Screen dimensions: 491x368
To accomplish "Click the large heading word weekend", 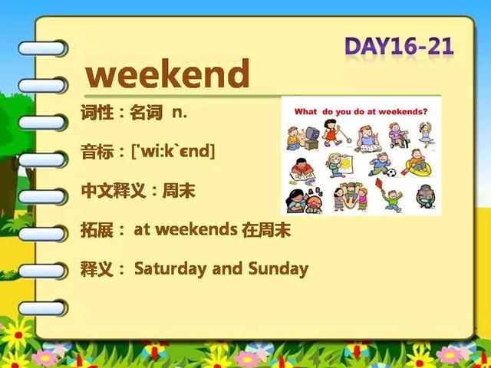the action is (167, 74).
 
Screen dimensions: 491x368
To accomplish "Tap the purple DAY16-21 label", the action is (399, 47).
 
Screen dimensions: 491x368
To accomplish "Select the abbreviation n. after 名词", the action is (180, 113).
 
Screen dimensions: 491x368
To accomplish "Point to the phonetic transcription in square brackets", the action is (173, 152).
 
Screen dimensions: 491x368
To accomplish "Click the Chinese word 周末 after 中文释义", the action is (179, 191).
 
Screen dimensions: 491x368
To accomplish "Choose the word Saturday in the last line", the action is (170, 269).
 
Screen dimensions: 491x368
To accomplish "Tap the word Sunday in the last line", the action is (278, 269).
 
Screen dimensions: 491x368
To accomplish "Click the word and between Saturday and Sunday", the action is (227, 268).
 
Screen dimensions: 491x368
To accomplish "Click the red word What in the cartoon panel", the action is (305, 112).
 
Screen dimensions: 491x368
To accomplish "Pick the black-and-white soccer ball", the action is (390, 172).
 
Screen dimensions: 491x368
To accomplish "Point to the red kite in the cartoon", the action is (380, 184).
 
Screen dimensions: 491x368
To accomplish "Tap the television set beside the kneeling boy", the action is (311, 138).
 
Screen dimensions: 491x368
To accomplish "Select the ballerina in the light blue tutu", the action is (427, 135).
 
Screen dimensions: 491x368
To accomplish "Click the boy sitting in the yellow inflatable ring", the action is (418, 163).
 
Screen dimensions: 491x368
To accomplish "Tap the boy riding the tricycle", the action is (398, 135).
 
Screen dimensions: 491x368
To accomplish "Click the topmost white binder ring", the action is (42, 48).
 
